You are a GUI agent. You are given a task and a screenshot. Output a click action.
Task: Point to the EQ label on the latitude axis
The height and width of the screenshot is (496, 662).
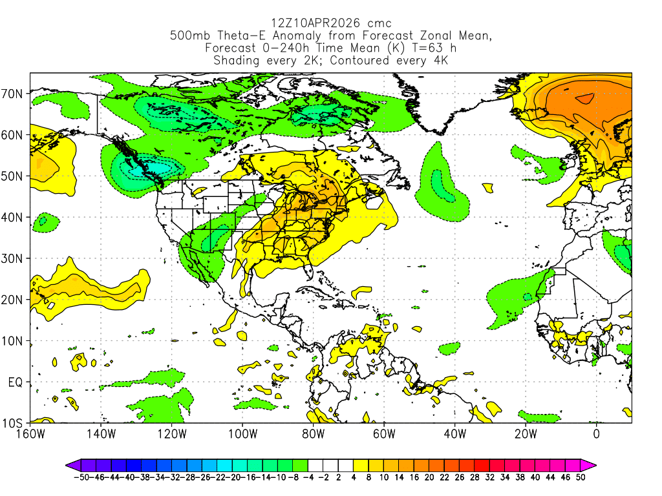click(16, 382)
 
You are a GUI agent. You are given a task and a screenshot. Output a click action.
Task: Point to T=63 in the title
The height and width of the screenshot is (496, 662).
click(421, 48)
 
